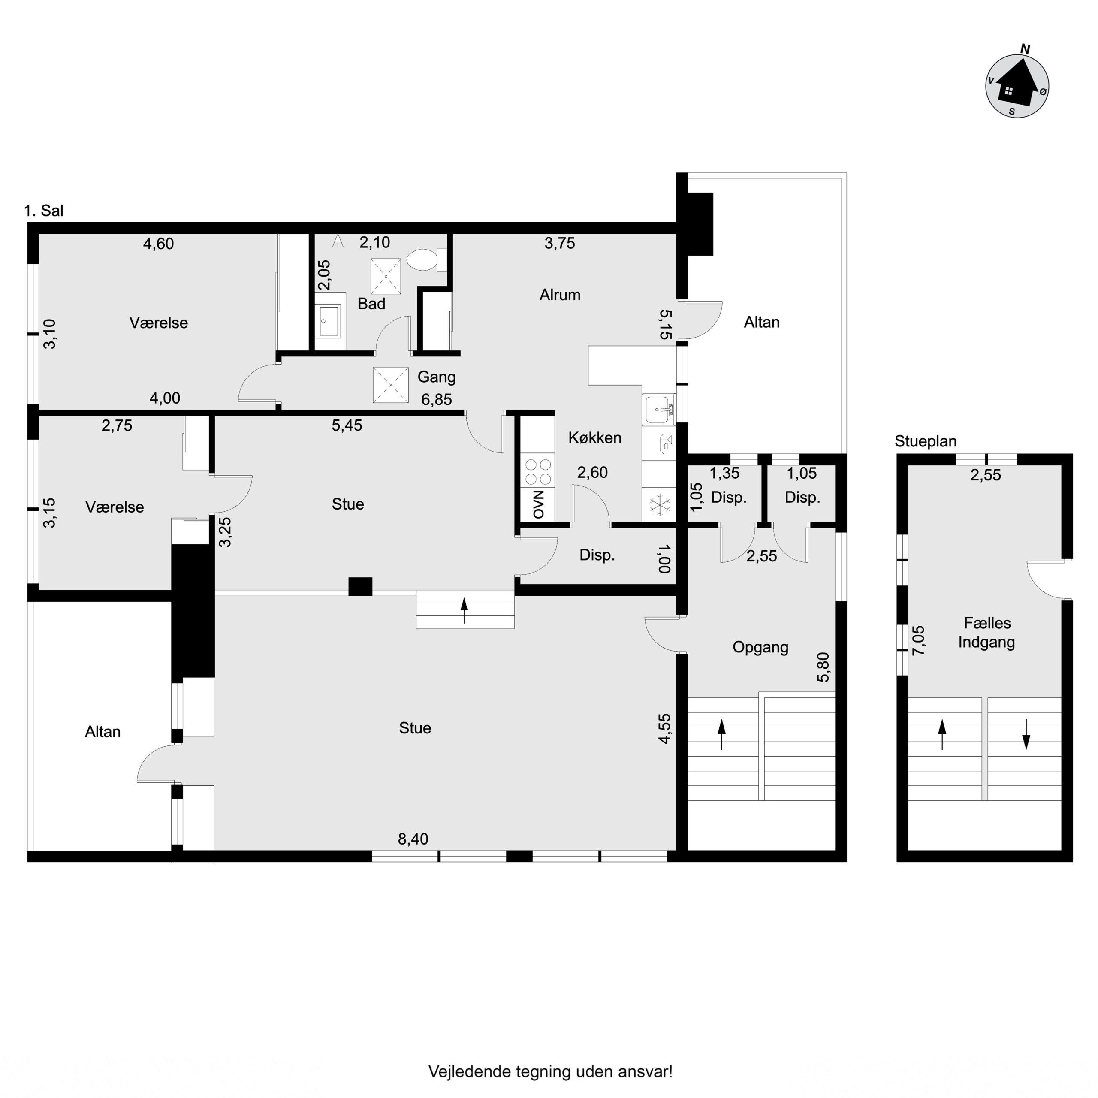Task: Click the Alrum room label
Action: (x=560, y=294)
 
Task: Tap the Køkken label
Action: (x=594, y=437)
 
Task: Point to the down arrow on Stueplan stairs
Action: (x=1026, y=734)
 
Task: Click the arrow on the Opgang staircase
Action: (x=722, y=734)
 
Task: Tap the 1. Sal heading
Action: (x=44, y=211)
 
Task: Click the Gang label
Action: (x=437, y=377)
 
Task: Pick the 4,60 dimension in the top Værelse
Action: (x=159, y=244)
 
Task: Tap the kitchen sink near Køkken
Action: (x=659, y=409)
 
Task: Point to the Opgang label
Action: (x=760, y=647)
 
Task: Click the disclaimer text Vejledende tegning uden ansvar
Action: (x=550, y=1072)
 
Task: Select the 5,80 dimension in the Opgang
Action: (x=823, y=667)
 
